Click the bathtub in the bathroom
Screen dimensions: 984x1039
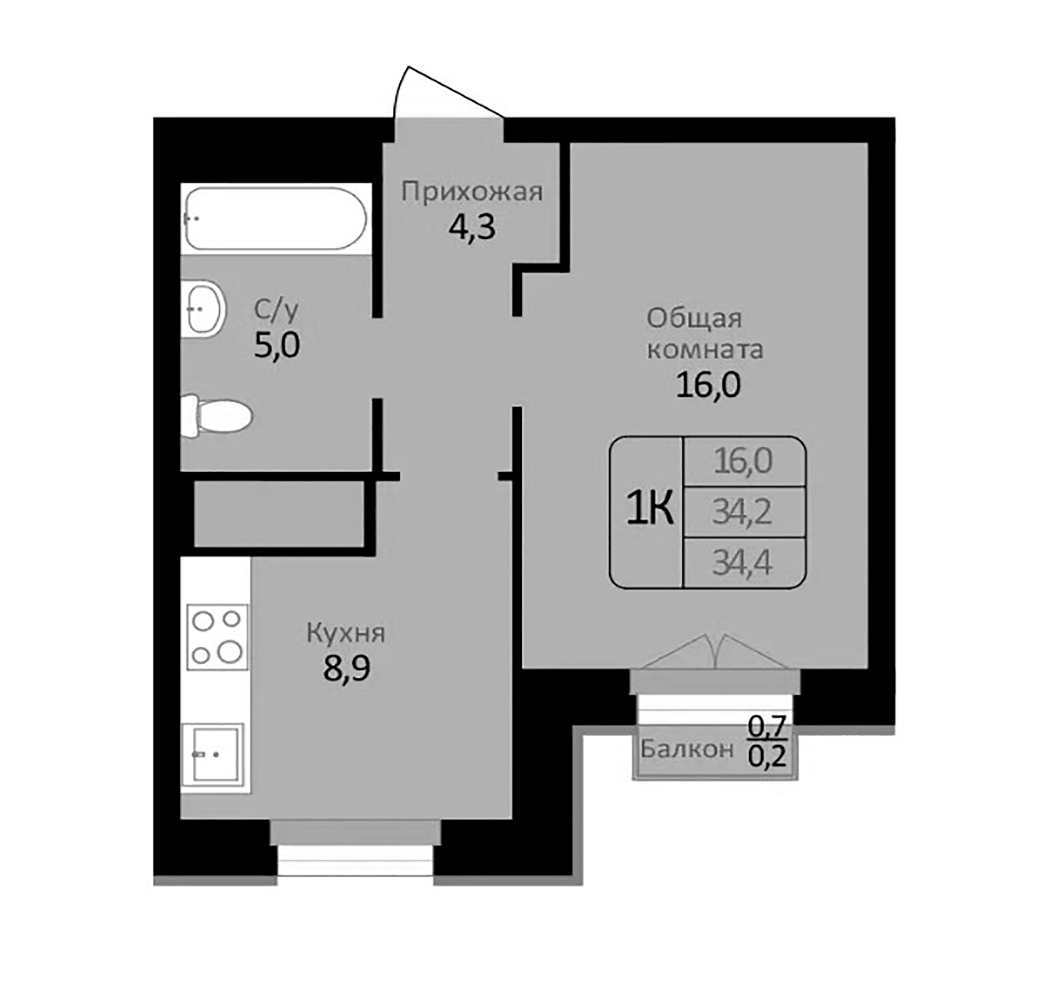pos(276,219)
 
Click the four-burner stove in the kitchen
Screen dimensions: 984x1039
pos(217,637)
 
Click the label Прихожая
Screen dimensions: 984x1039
pos(472,192)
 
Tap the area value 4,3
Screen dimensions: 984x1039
pos(472,227)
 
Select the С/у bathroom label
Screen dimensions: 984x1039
pos(277,311)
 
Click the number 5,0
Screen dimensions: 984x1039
pos(277,345)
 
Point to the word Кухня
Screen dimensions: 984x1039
pos(346,634)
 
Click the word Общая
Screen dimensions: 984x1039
pos(694,319)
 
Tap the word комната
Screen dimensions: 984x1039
pos(705,350)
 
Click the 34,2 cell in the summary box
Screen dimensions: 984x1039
pos(742,512)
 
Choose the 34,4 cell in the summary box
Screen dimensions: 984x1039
pos(742,563)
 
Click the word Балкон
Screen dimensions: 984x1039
pos(686,749)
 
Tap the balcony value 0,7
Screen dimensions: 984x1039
pos(767,727)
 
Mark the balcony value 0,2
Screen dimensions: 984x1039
pos(767,757)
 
